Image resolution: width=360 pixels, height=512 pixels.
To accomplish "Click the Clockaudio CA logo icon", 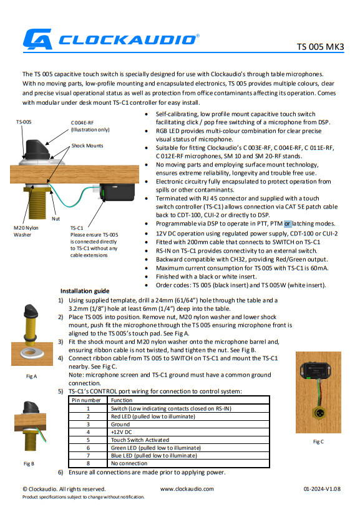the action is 37,39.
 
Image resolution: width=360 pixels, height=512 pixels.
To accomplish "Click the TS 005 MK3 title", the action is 320,47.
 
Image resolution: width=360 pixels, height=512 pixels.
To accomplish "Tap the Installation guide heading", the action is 85,291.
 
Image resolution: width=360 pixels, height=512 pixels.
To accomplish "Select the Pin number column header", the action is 86,400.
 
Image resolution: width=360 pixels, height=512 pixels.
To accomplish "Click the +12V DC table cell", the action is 122,432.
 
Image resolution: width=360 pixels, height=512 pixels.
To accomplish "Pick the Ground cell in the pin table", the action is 120,424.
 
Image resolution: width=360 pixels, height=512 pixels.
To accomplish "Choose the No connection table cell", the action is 129,463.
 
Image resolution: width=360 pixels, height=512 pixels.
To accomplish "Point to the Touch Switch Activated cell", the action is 140,440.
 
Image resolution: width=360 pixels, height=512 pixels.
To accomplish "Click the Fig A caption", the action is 31,376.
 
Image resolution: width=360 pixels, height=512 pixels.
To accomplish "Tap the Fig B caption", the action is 29,464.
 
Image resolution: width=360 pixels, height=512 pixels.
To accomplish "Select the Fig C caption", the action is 318,441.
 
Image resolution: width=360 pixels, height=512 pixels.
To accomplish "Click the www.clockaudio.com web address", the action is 187,489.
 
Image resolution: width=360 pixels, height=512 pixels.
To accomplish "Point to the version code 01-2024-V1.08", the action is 322,489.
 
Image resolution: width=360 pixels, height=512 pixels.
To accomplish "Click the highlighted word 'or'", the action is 288,224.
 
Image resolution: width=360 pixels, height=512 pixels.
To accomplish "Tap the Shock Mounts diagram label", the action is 87,145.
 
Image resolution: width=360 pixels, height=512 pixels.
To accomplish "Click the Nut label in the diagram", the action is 56,219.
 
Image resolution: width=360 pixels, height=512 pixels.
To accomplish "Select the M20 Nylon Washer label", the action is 26,231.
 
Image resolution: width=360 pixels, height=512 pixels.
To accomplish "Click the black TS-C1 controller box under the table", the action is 117,192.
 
